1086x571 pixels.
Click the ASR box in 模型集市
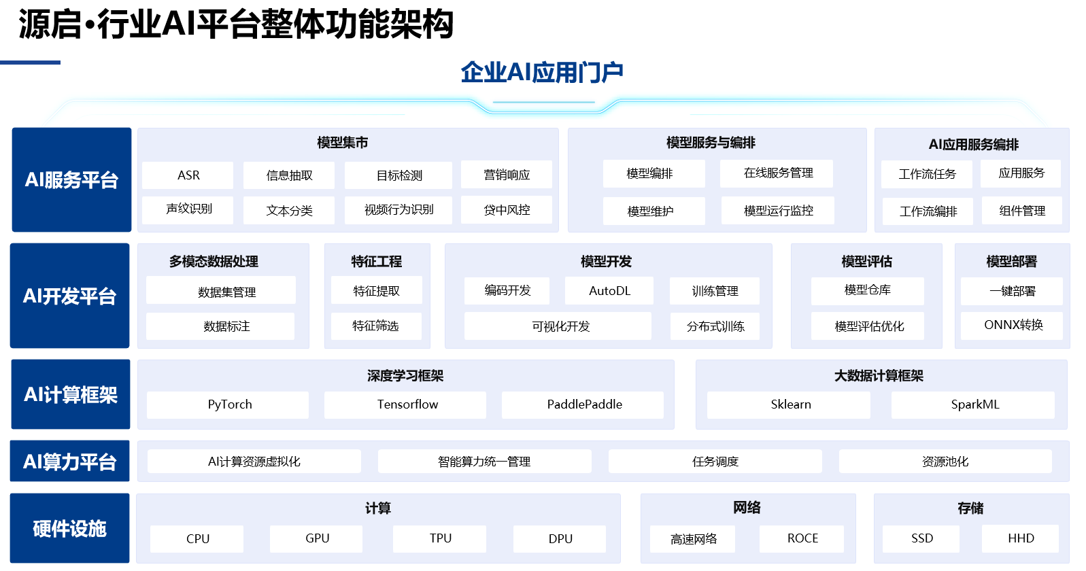pyautogui.click(x=188, y=175)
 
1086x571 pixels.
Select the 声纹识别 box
pyautogui.click(x=188, y=209)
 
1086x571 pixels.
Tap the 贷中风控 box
pyautogui.click(x=507, y=210)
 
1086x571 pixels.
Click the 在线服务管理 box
pyautogui.click(x=777, y=173)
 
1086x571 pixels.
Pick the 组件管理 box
pyautogui.click(x=1021, y=211)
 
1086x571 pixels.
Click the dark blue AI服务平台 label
pyautogui.click(x=71, y=180)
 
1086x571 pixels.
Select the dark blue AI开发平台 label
pyautogui.click(x=69, y=296)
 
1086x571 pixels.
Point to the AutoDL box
pyautogui.click(x=609, y=291)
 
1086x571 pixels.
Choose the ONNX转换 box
pyautogui.click(x=1013, y=325)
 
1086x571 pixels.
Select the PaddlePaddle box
pyautogui.click(x=583, y=404)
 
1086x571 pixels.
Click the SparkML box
pyautogui.click(x=974, y=404)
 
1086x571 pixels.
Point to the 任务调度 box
pyautogui.click(x=715, y=462)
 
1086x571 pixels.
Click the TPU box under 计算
pyautogui.click(x=440, y=538)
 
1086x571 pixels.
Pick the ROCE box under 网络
pyautogui.click(x=802, y=538)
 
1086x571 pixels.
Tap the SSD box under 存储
pyautogui.click(x=921, y=538)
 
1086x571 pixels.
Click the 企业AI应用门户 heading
pyautogui.click(x=542, y=72)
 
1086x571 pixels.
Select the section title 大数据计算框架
pyautogui.click(x=879, y=376)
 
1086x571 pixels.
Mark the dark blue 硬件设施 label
pyautogui.click(x=69, y=529)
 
